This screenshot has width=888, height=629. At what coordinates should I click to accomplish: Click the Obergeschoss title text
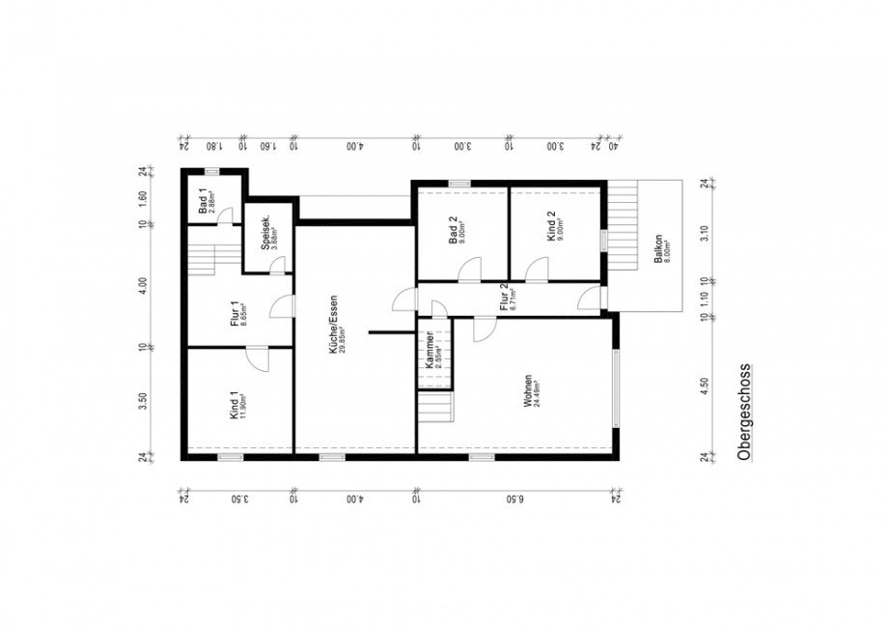[743, 415]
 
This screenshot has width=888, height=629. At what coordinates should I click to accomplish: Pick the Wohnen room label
[530, 391]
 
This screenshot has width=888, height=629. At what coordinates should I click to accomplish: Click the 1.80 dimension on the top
[211, 147]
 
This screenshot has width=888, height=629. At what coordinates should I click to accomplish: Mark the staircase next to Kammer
[435, 405]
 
